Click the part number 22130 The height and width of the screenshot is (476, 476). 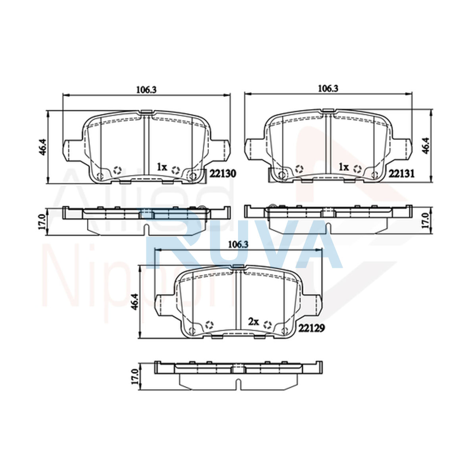point(223,174)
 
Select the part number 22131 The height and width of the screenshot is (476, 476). point(401,174)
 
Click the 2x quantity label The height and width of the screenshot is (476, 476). point(253,321)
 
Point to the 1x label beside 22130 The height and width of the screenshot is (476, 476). point(162,167)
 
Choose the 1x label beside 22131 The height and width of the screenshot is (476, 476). point(344,167)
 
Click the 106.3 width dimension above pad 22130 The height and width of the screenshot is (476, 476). point(146,90)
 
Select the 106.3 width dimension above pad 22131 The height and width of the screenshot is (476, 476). point(328,88)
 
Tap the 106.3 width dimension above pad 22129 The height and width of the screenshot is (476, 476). point(238,245)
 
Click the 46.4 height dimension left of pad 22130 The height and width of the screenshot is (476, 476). point(42,147)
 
